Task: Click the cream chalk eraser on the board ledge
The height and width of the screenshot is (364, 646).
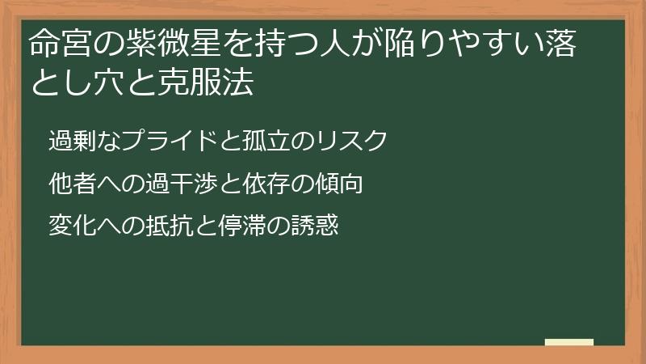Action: [x=569, y=342]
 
